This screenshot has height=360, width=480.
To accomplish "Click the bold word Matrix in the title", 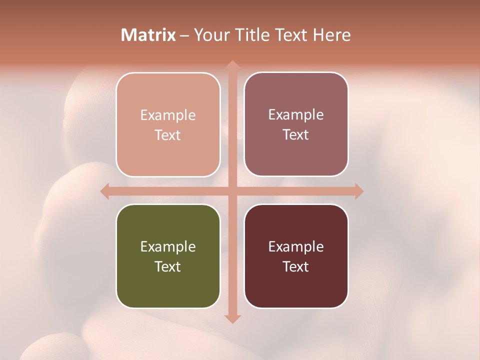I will [148, 35].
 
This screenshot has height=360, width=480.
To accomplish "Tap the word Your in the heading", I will [209, 35].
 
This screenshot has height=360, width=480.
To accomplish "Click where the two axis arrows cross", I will [232, 191].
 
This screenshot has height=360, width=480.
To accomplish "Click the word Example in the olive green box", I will [168, 246].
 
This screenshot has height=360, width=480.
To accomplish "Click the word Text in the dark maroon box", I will [296, 266].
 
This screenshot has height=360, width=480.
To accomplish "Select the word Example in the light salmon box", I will [168, 115].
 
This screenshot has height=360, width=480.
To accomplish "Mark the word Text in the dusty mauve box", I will [296, 135].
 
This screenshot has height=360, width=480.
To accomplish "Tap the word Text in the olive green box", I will [168, 266].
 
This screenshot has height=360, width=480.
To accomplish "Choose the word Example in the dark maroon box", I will [296, 246].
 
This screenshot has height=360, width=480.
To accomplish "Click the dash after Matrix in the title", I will [184, 35].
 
